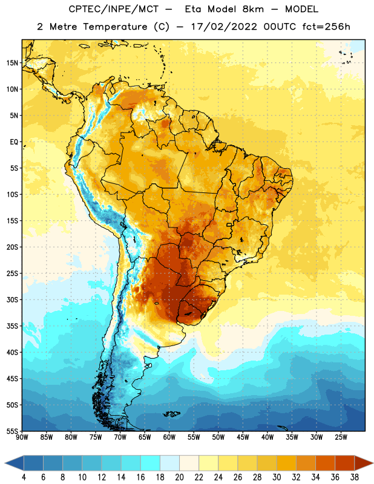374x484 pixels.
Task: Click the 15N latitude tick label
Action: pos(12,63)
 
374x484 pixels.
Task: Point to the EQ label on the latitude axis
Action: pos(14,142)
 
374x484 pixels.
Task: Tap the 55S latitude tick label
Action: pos(12,431)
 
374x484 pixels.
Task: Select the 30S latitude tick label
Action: pos(12,299)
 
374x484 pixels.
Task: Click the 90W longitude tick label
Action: pos(22,437)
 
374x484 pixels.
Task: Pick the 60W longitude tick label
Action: pos(169,437)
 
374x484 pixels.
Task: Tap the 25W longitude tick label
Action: pos(341,437)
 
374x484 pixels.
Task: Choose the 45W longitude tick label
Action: pos(243,437)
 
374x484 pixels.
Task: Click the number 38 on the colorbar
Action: pos(355,477)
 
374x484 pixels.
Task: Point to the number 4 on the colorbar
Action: pos(24,477)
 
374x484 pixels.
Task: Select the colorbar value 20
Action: pos(179,477)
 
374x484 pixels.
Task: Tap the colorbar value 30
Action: pos(277,477)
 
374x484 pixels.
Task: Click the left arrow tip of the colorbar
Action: pos(5,463)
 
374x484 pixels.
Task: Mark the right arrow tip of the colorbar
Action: pos(373,463)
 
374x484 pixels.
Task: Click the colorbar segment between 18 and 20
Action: pos(170,463)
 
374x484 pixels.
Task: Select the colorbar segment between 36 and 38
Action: pos(345,463)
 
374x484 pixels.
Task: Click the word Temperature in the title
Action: pos(115,27)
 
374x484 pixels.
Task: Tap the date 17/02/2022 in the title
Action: pos(224,27)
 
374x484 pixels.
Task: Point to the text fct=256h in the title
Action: pos(326,27)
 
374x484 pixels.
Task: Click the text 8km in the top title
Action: pos(253,9)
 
